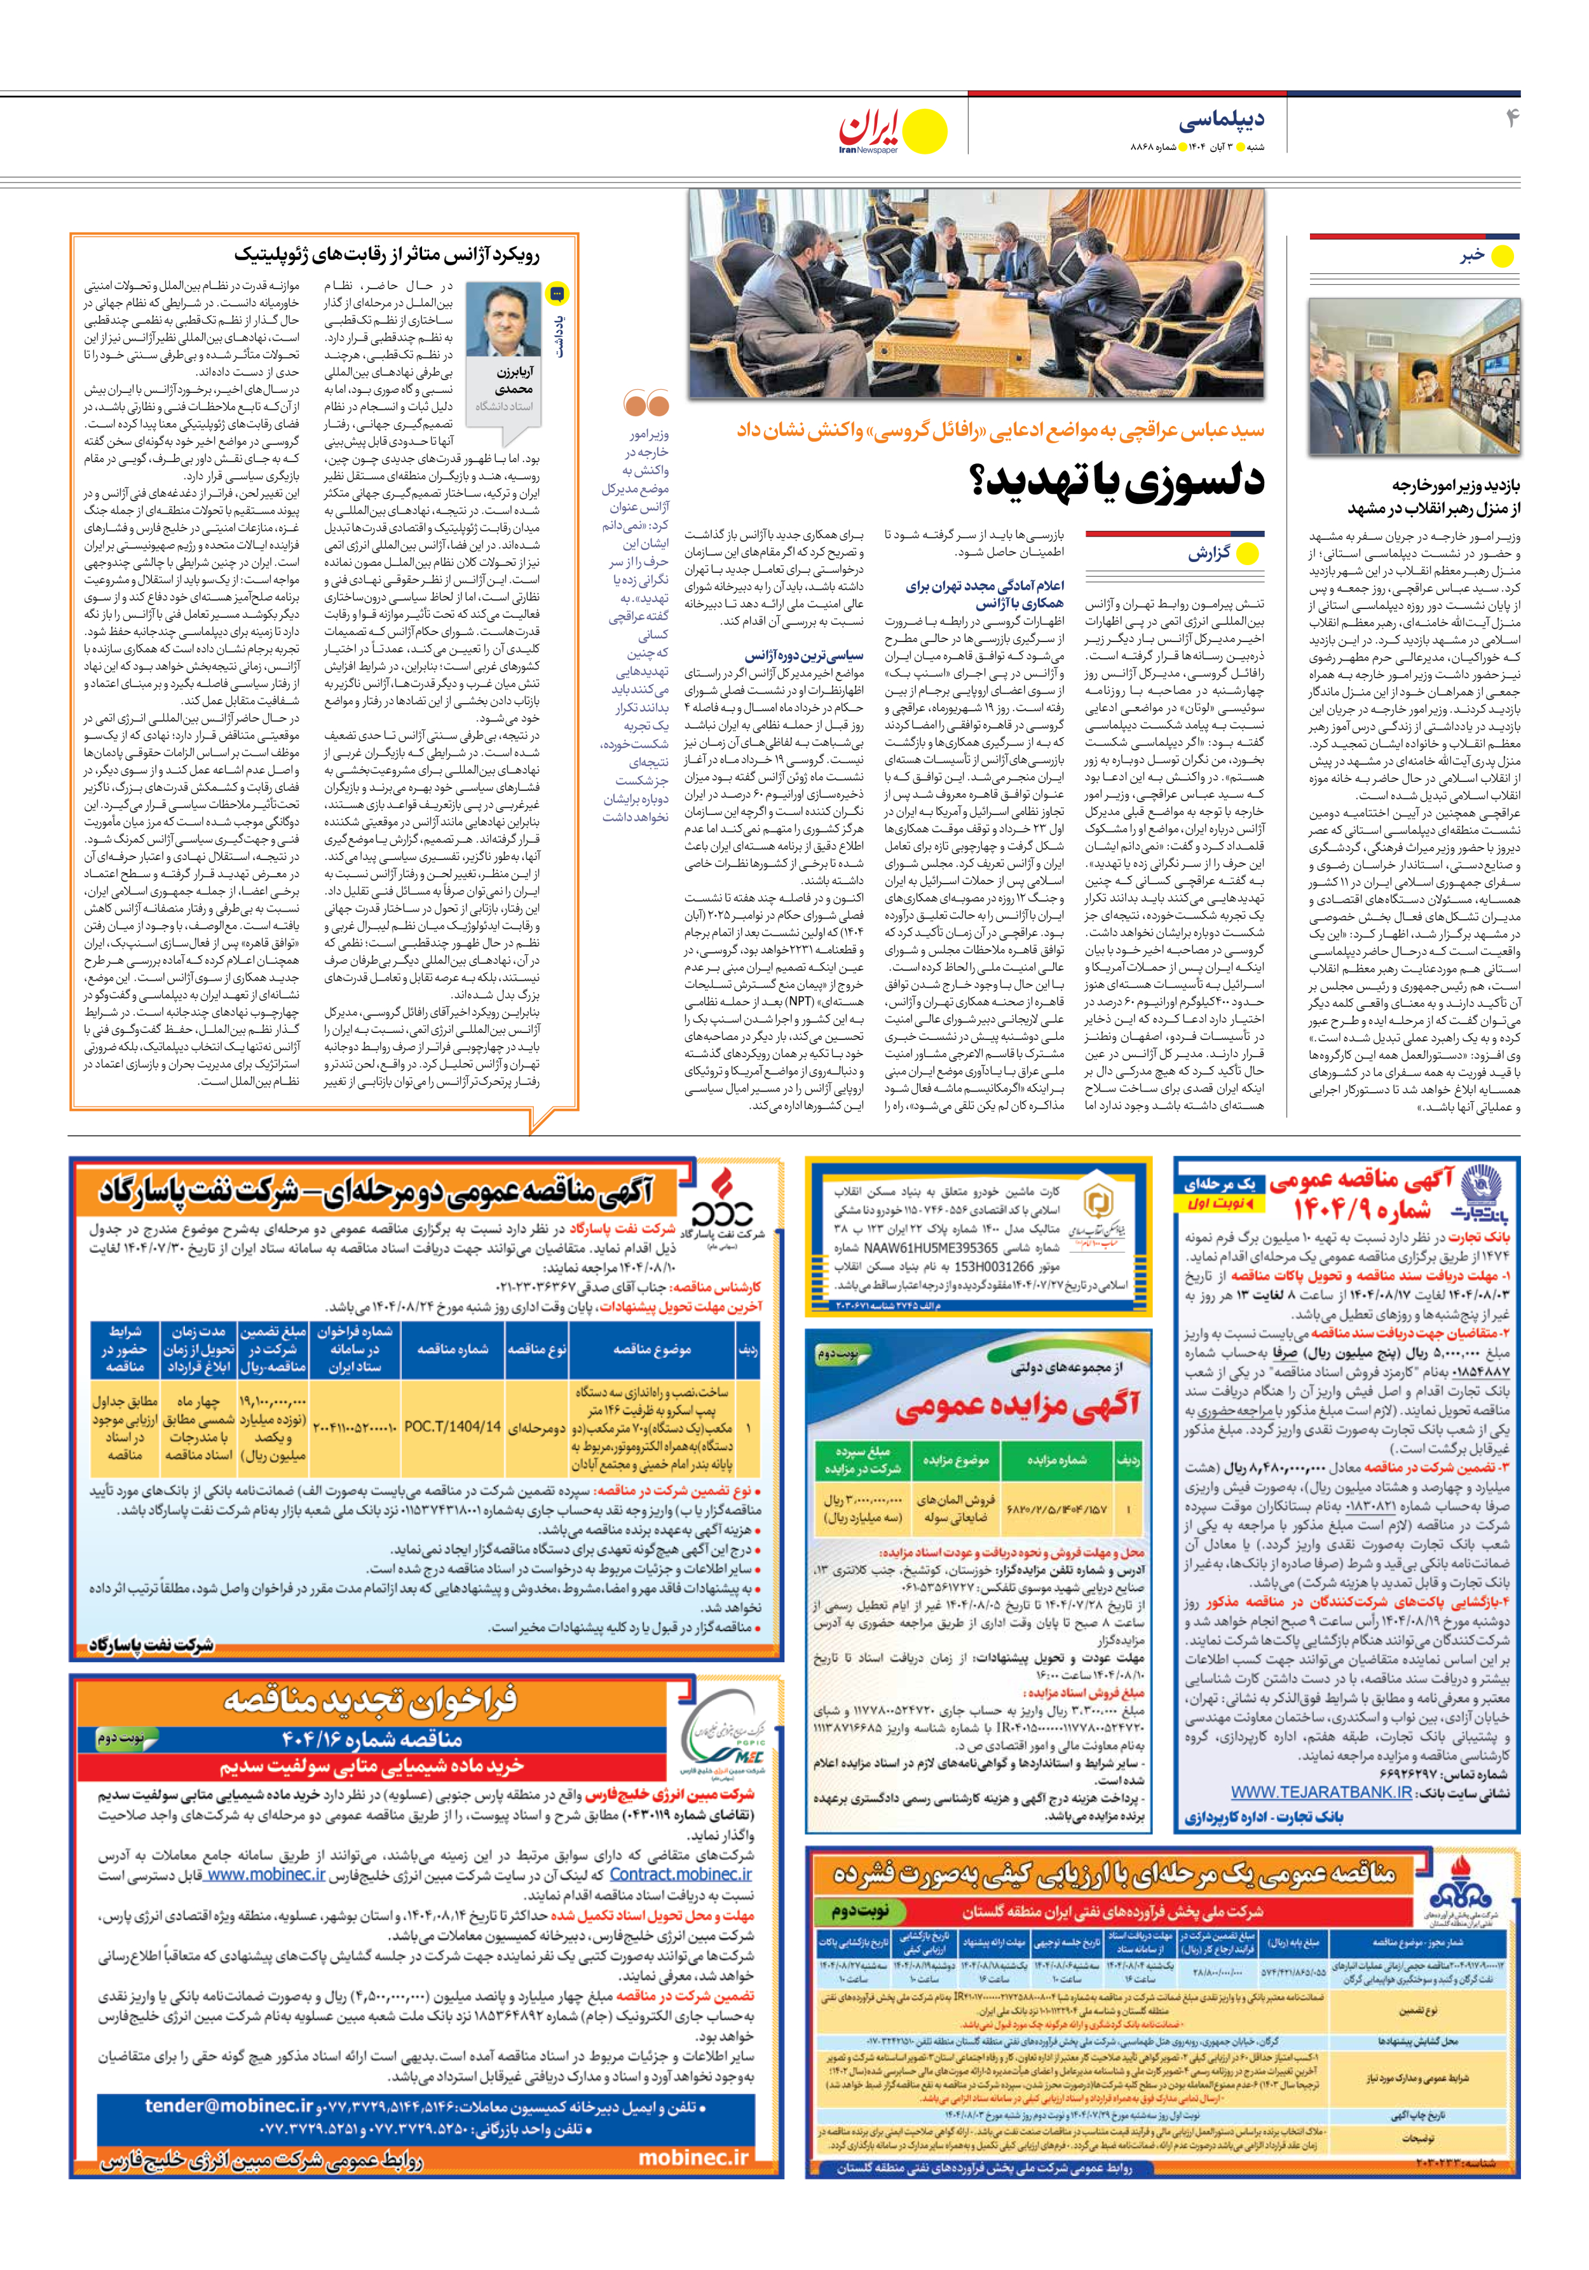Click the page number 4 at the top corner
(1511, 120)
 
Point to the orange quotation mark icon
(646, 404)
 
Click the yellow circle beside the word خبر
(1501, 256)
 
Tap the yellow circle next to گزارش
(1248, 554)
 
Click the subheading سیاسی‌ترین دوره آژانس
(804, 655)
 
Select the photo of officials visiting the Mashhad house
(1414, 377)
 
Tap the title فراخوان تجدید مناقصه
(370, 1700)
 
